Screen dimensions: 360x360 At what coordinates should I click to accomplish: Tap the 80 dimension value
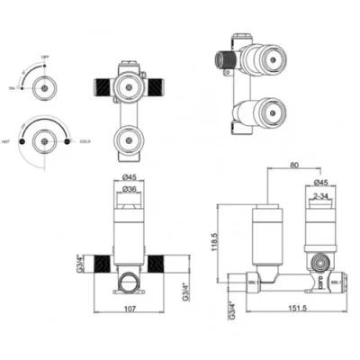(x=294, y=164)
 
